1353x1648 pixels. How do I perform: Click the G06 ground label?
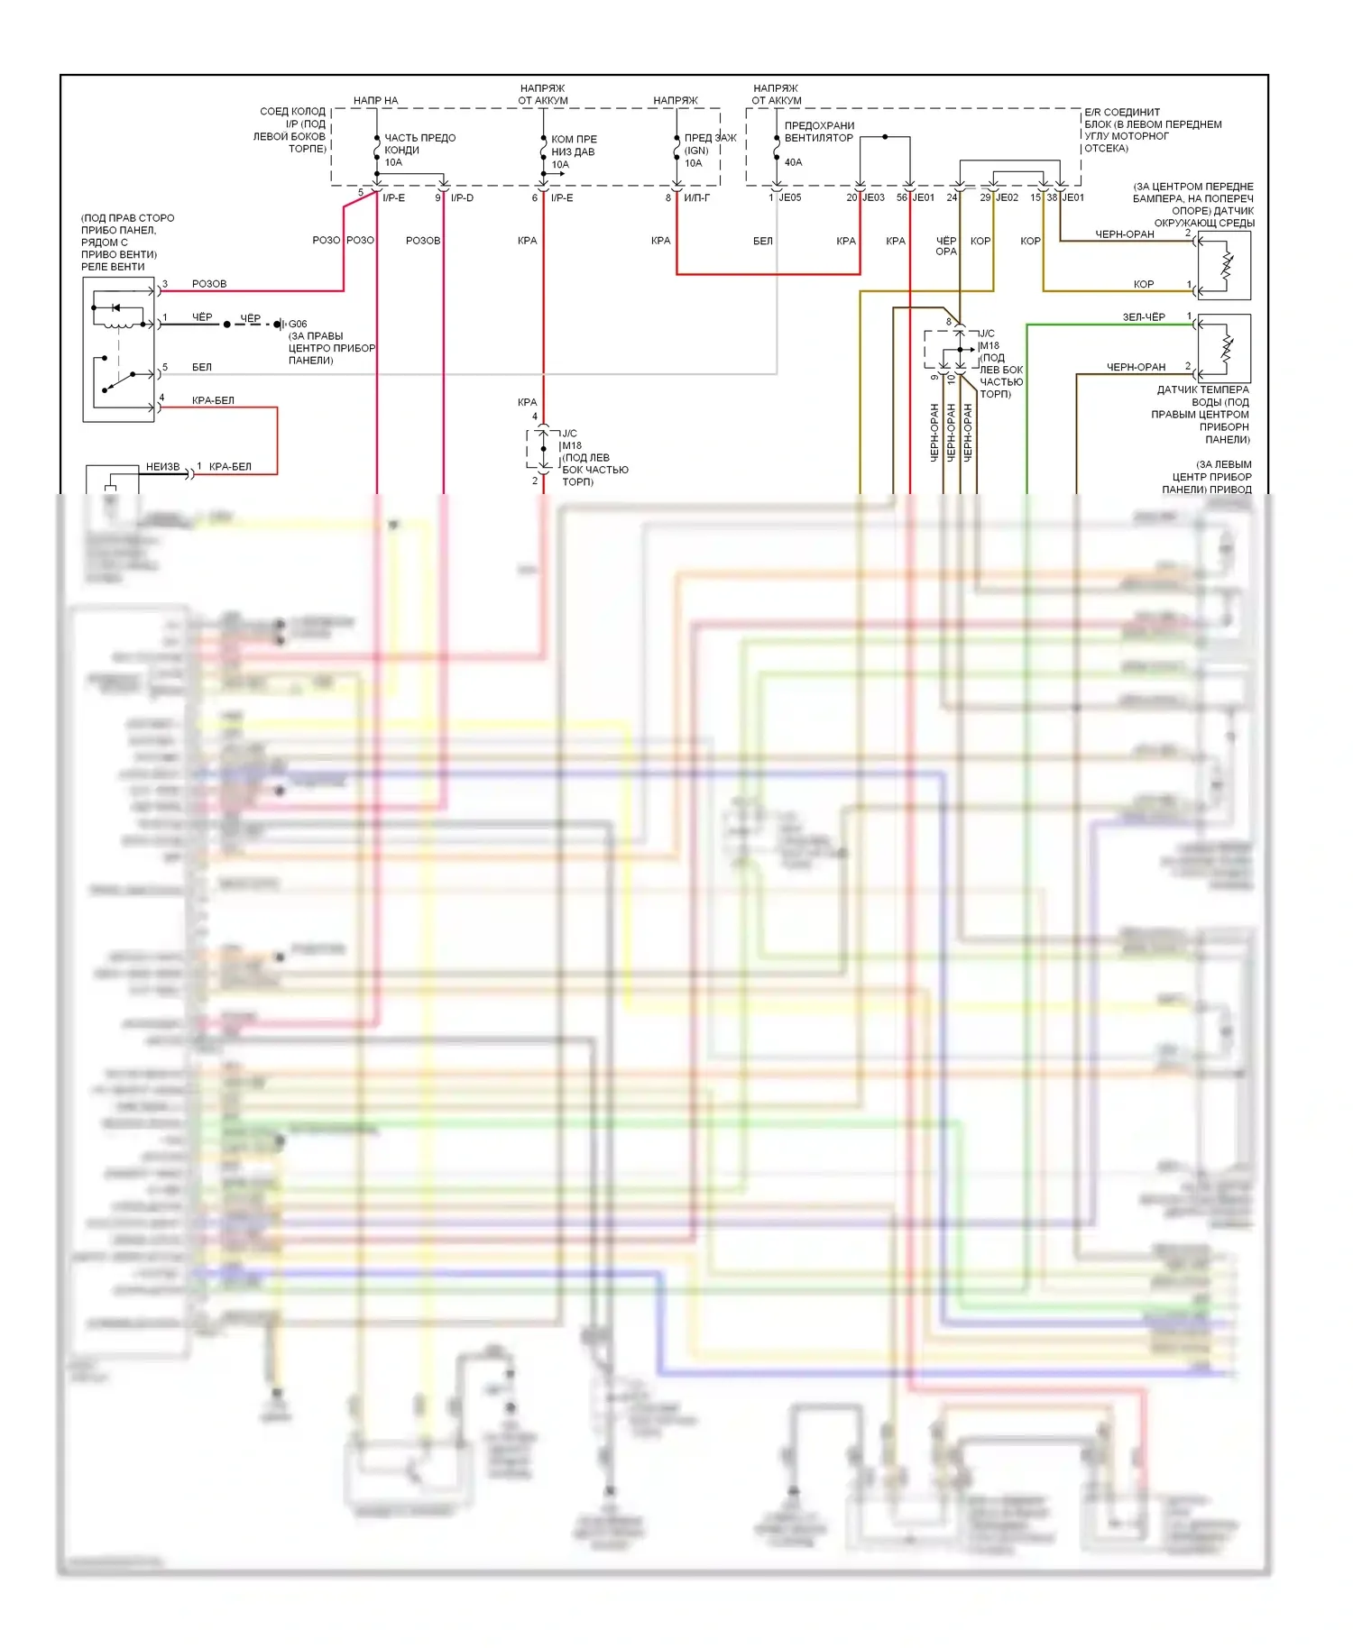[298, 324]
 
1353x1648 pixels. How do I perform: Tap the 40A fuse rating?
[793, 162]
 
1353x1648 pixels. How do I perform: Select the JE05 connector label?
[789, 197]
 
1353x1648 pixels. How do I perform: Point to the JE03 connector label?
[873, 197]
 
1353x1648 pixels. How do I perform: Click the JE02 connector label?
[1007, 197]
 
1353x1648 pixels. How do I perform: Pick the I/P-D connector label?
[462, 197]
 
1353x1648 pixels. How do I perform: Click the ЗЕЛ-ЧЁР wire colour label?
[1143, 317]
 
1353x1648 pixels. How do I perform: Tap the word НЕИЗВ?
[162, 467]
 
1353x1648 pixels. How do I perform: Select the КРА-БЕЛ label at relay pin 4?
[213, 400]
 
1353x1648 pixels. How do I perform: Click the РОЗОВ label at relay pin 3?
[209, 284]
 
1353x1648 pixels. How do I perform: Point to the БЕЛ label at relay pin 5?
[202, 367]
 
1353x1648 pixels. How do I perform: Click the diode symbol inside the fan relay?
[115, 308]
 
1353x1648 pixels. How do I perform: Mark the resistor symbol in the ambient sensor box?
[1226, 265]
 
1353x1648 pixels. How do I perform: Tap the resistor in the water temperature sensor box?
[1226, 349]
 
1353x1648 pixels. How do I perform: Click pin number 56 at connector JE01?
[901, 197]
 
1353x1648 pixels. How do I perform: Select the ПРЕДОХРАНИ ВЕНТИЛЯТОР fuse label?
[818, 132]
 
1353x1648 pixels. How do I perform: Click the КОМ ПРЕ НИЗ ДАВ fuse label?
[573, 146]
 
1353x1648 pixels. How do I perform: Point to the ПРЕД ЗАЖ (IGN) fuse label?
[709, 144]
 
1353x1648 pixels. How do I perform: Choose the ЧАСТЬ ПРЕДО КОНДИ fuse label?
[419, 144]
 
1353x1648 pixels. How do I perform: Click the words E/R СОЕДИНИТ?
[1122, 113]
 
